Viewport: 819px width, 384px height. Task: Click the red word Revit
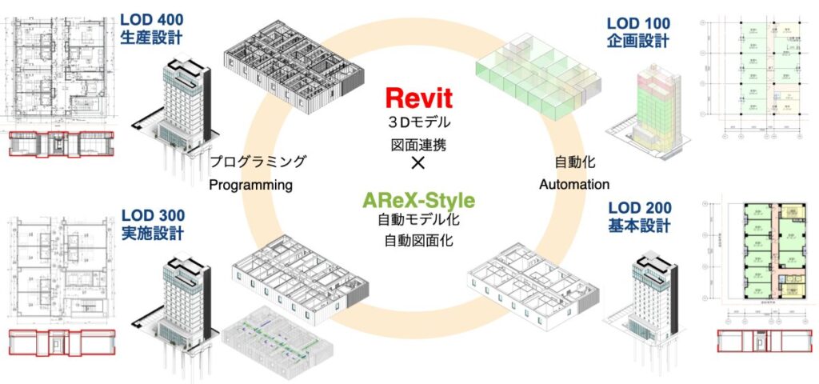pos(418,98)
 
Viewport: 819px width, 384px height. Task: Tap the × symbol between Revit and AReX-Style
pos(417,163)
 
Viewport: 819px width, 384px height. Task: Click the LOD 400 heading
pos(153,18)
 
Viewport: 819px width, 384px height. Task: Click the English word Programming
pos(251,185)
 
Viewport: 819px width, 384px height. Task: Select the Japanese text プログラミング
pos(258,161)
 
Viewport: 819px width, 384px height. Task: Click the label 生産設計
pos(153,37)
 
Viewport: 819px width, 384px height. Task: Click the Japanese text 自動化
pos(573,161)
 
